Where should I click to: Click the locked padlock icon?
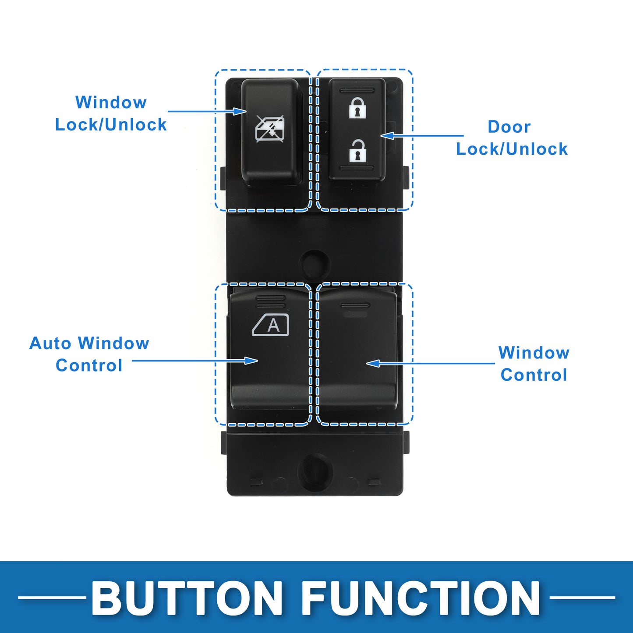(357, 108)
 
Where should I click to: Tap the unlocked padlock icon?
(357, 151)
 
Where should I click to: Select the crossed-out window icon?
(270, 129)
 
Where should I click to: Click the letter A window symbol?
(271, 325)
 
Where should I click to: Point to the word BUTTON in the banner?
(187, 598)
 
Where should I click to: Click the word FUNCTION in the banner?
(421, 598)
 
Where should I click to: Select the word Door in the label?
(509, 127)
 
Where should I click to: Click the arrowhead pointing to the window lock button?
(240, 111)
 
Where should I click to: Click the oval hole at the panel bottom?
(315, 471)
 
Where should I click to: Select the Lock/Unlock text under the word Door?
(512, 149)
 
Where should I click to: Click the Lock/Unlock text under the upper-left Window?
(111, 125)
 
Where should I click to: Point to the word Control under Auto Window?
(89, 366)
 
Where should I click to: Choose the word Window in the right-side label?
(534, 353)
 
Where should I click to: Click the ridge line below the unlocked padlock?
(357, 168)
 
